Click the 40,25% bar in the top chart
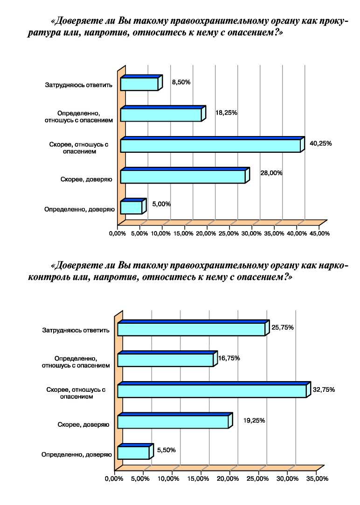point(212,144)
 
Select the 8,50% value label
point(181,82)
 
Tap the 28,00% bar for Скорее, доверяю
point(185,176)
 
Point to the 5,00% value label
point(161,204)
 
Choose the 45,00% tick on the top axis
point(319,233)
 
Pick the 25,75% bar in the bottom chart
point(194,328)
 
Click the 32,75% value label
point(324,389)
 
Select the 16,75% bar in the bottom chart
point(167,359)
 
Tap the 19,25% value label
point(254,420)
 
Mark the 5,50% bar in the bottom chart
point(135,451)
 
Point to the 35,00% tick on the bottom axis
point(318,479)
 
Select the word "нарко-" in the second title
point(333,266)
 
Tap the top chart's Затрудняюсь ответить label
point(79,85)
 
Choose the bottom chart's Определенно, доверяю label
point(76,455)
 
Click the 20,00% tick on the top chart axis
point(206,233)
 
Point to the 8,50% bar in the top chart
point(141,83)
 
